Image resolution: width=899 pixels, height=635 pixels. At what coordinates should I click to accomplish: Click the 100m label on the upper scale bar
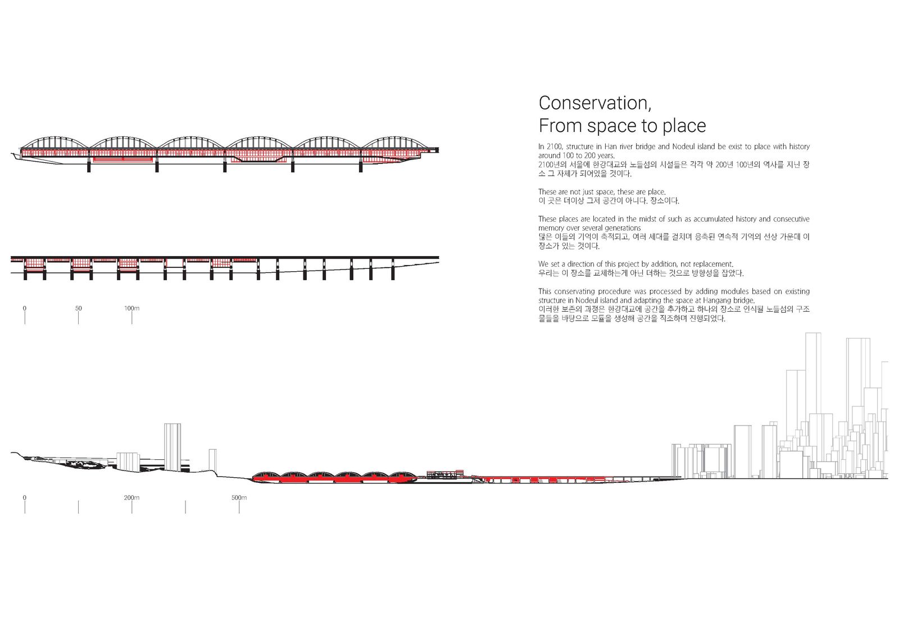click(131, 308)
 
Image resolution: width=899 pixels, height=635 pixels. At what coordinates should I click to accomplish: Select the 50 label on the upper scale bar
click(78, 308)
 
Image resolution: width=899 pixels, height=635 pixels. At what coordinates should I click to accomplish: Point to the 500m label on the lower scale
click(239, 497)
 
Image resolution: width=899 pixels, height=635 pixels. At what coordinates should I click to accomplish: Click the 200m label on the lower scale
click(131, 497)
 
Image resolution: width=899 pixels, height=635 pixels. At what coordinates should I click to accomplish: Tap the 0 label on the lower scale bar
click(25, 497)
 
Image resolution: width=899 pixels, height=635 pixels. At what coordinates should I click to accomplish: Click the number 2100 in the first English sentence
click(554, 147)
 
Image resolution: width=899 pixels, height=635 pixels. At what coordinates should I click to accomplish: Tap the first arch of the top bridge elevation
click(54, 137)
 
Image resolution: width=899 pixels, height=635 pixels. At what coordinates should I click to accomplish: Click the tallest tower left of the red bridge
click(172, 447)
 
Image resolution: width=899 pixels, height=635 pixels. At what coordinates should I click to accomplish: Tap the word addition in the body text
click(664, 264)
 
